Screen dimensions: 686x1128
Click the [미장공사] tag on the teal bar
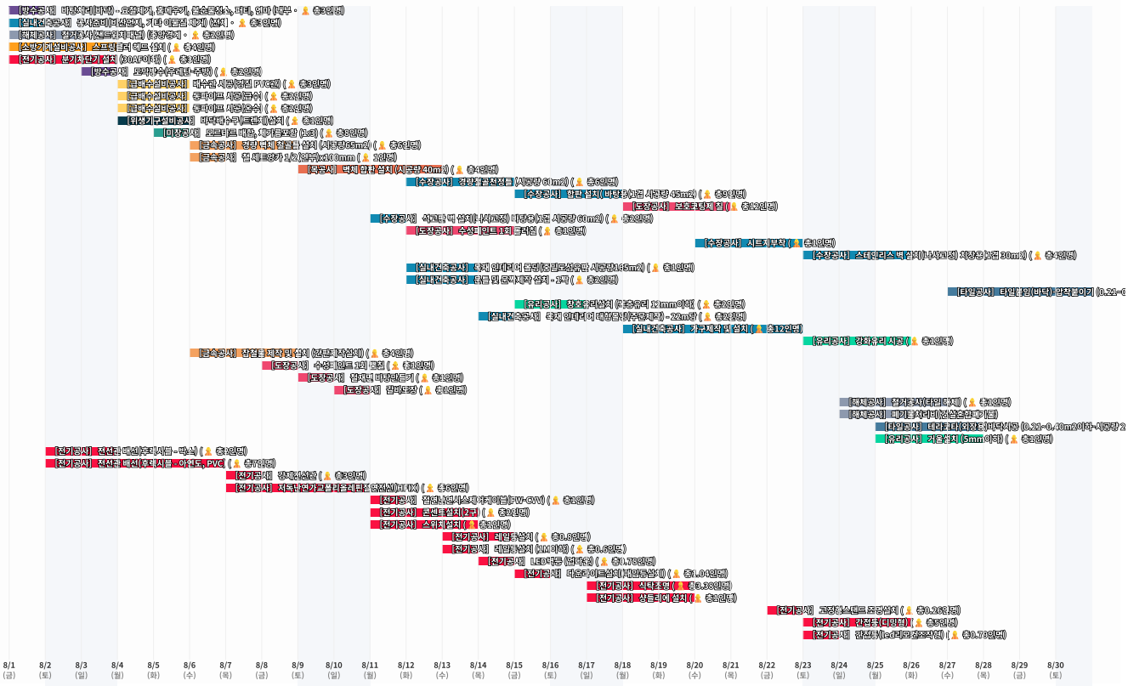coord(180,133)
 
